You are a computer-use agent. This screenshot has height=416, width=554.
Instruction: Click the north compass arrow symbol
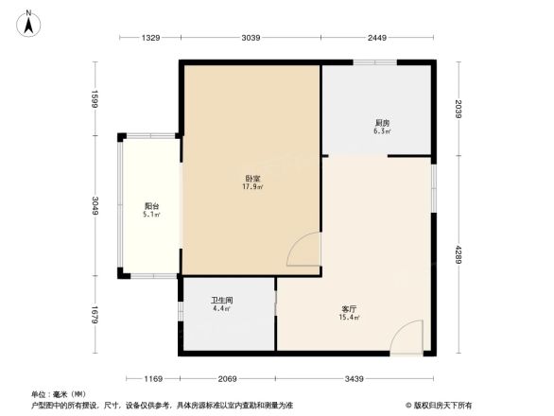pyautogui.click(x=30, y=22)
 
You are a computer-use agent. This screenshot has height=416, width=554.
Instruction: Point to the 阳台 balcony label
pyautogui.click(x=151, y=205)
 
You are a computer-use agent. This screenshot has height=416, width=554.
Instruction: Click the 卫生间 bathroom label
pyautogui.click(x=221, y=300)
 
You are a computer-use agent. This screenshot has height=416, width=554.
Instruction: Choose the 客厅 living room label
pyautogui.click(x=349, y=308)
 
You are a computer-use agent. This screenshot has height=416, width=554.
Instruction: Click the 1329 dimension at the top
pyautogui.click(x=151, y=38)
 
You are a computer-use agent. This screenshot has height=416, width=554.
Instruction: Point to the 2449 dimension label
pyautogui.click(x=378, y=38)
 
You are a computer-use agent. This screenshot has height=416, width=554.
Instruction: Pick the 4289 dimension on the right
pyautogui.click(x=457, y=254)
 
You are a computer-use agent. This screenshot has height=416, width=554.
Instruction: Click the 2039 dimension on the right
pyautogui.click(x=457, y=110)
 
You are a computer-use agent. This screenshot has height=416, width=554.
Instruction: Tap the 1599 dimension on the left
pyautogui.click(x=95, y=100)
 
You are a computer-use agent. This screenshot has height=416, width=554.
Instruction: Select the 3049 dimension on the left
pyautogui.click(x=95, y=206)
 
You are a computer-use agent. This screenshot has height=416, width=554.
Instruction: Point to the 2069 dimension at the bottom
pyautogui.click(x=227, y=379)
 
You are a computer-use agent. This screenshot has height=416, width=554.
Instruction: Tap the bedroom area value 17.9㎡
pyautogui.click(x=252, y=187)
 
